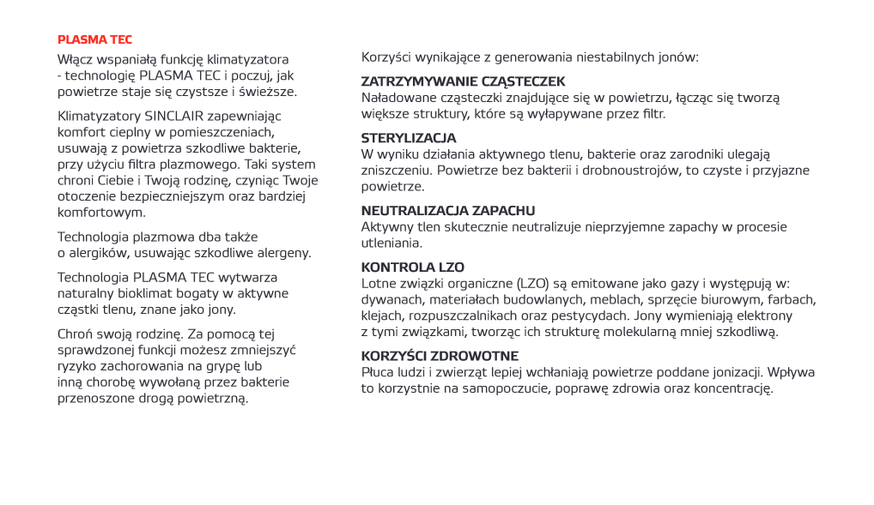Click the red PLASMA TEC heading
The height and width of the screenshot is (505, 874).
coord(94,39)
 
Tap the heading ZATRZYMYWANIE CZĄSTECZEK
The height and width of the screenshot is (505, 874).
coord(463,81)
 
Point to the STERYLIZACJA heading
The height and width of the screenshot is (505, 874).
coord(409,138)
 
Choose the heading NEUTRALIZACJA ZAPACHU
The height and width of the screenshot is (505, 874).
coord(448,211)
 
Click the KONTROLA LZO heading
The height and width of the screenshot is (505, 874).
coord(413,268)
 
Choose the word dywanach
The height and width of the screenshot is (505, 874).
coord(391,300)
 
